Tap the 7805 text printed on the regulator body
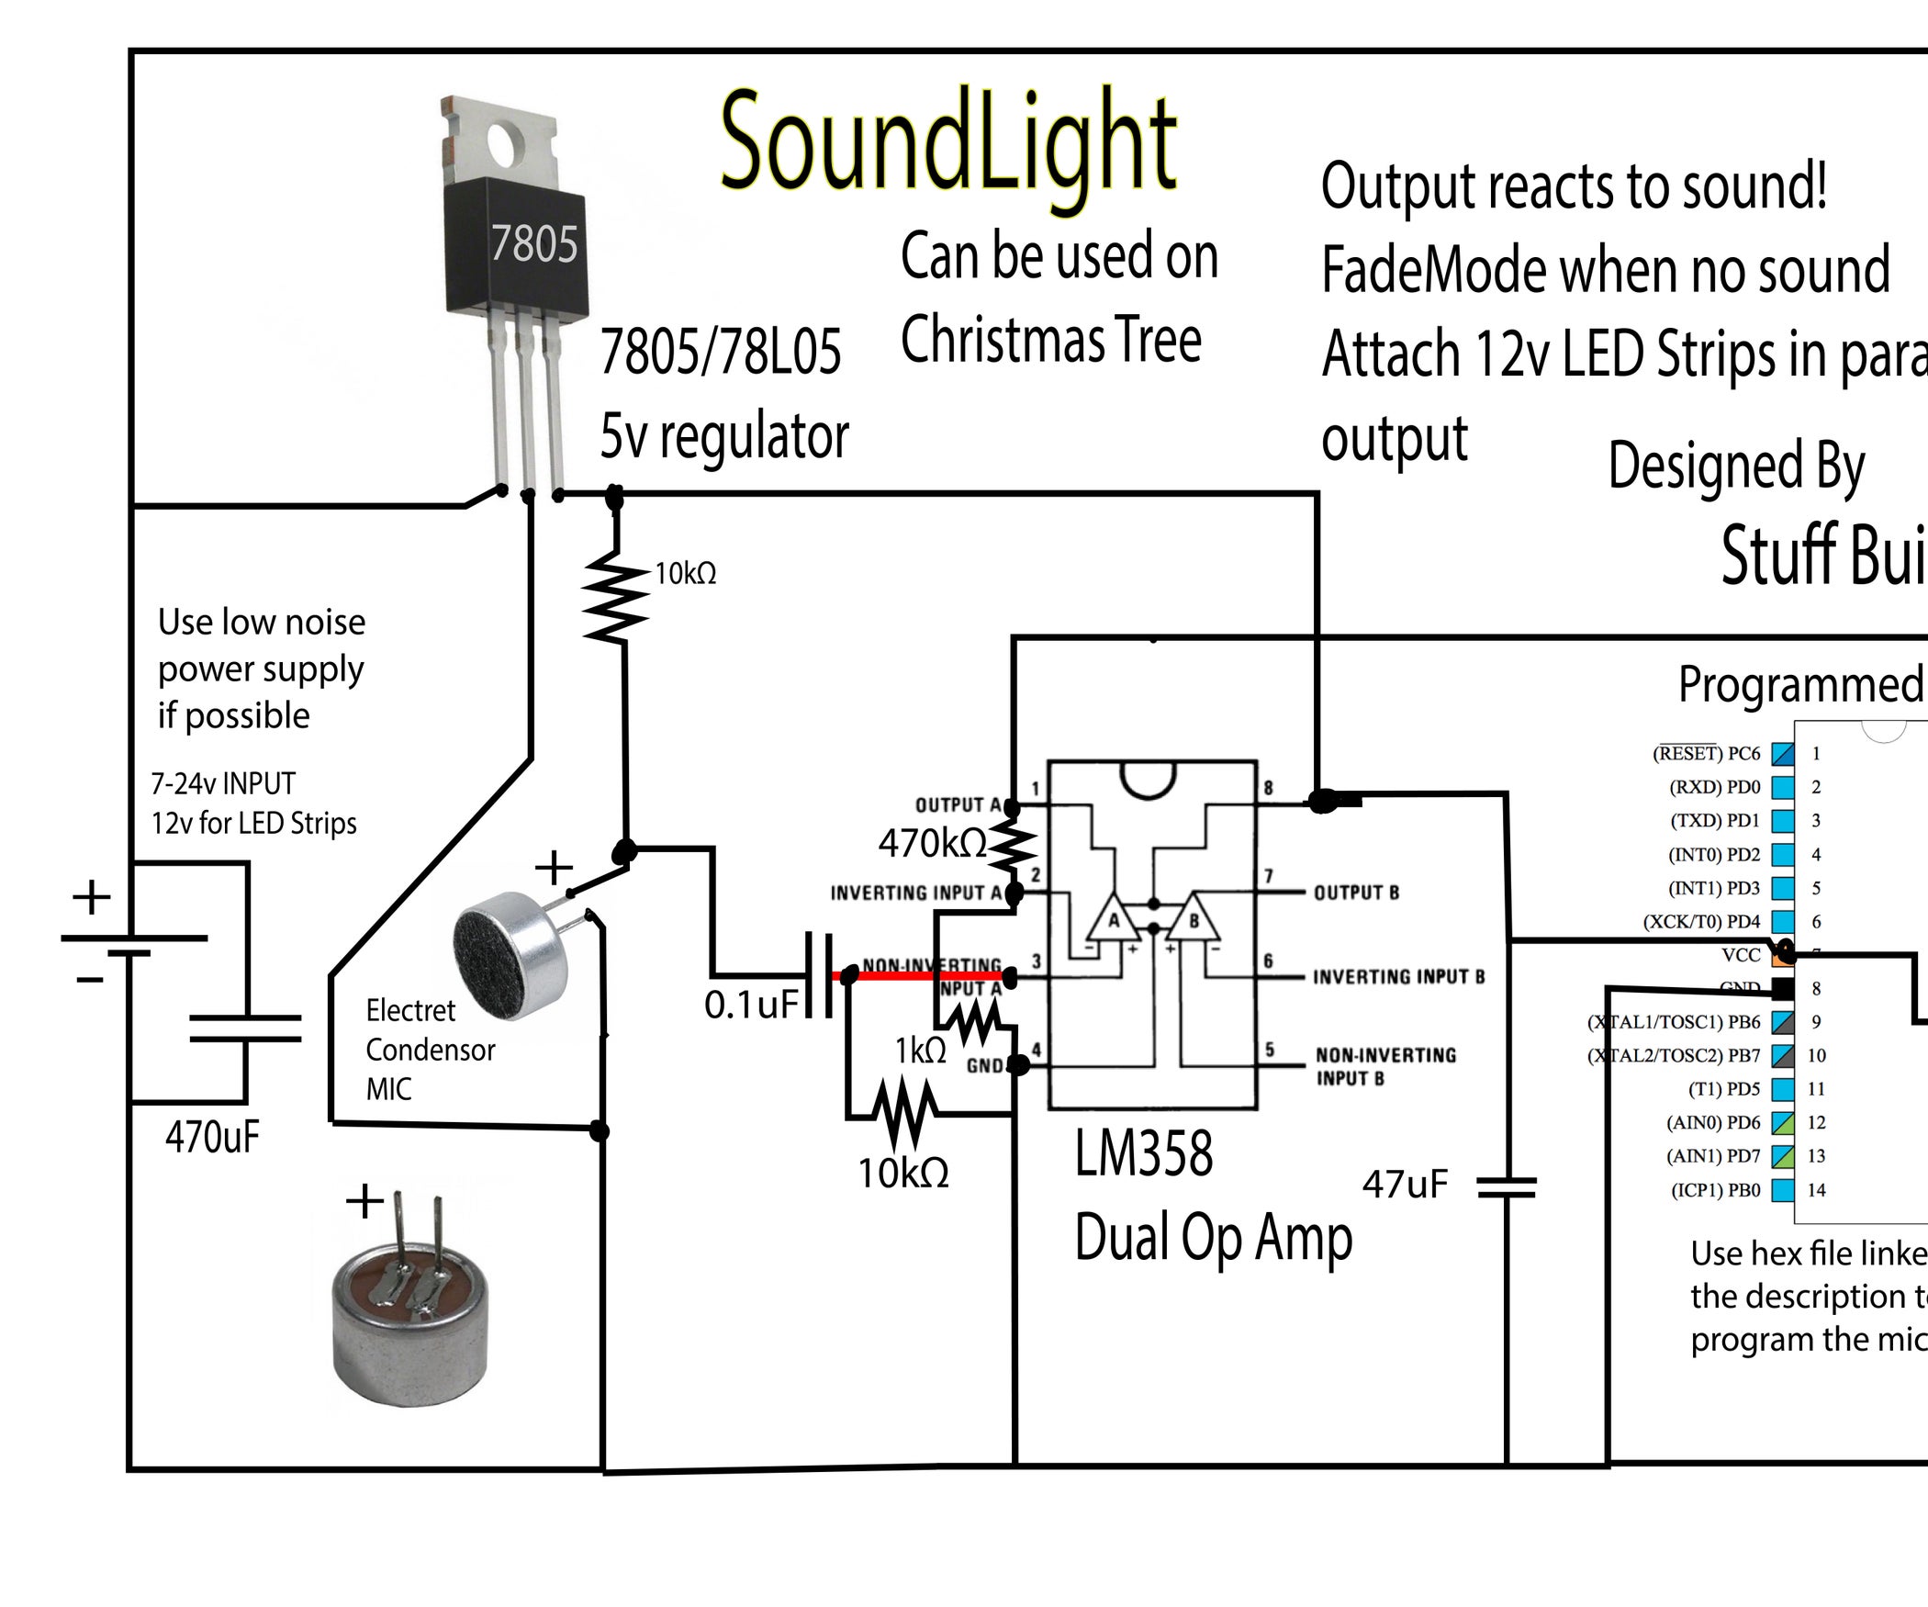[533, 244]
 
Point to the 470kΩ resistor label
[931, 843]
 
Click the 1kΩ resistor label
[920, 1051]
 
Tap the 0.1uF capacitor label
[751, 1005]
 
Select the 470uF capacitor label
[212, 1138]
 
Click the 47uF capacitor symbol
[1507, 1188]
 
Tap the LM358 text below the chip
[1143, 1154]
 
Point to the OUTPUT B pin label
[1356, 893]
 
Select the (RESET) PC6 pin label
[1706, 754]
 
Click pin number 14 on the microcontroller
[1816, 1190]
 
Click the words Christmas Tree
[1050, 340]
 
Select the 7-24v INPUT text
[223, 783]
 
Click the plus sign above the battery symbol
[92, 896]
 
